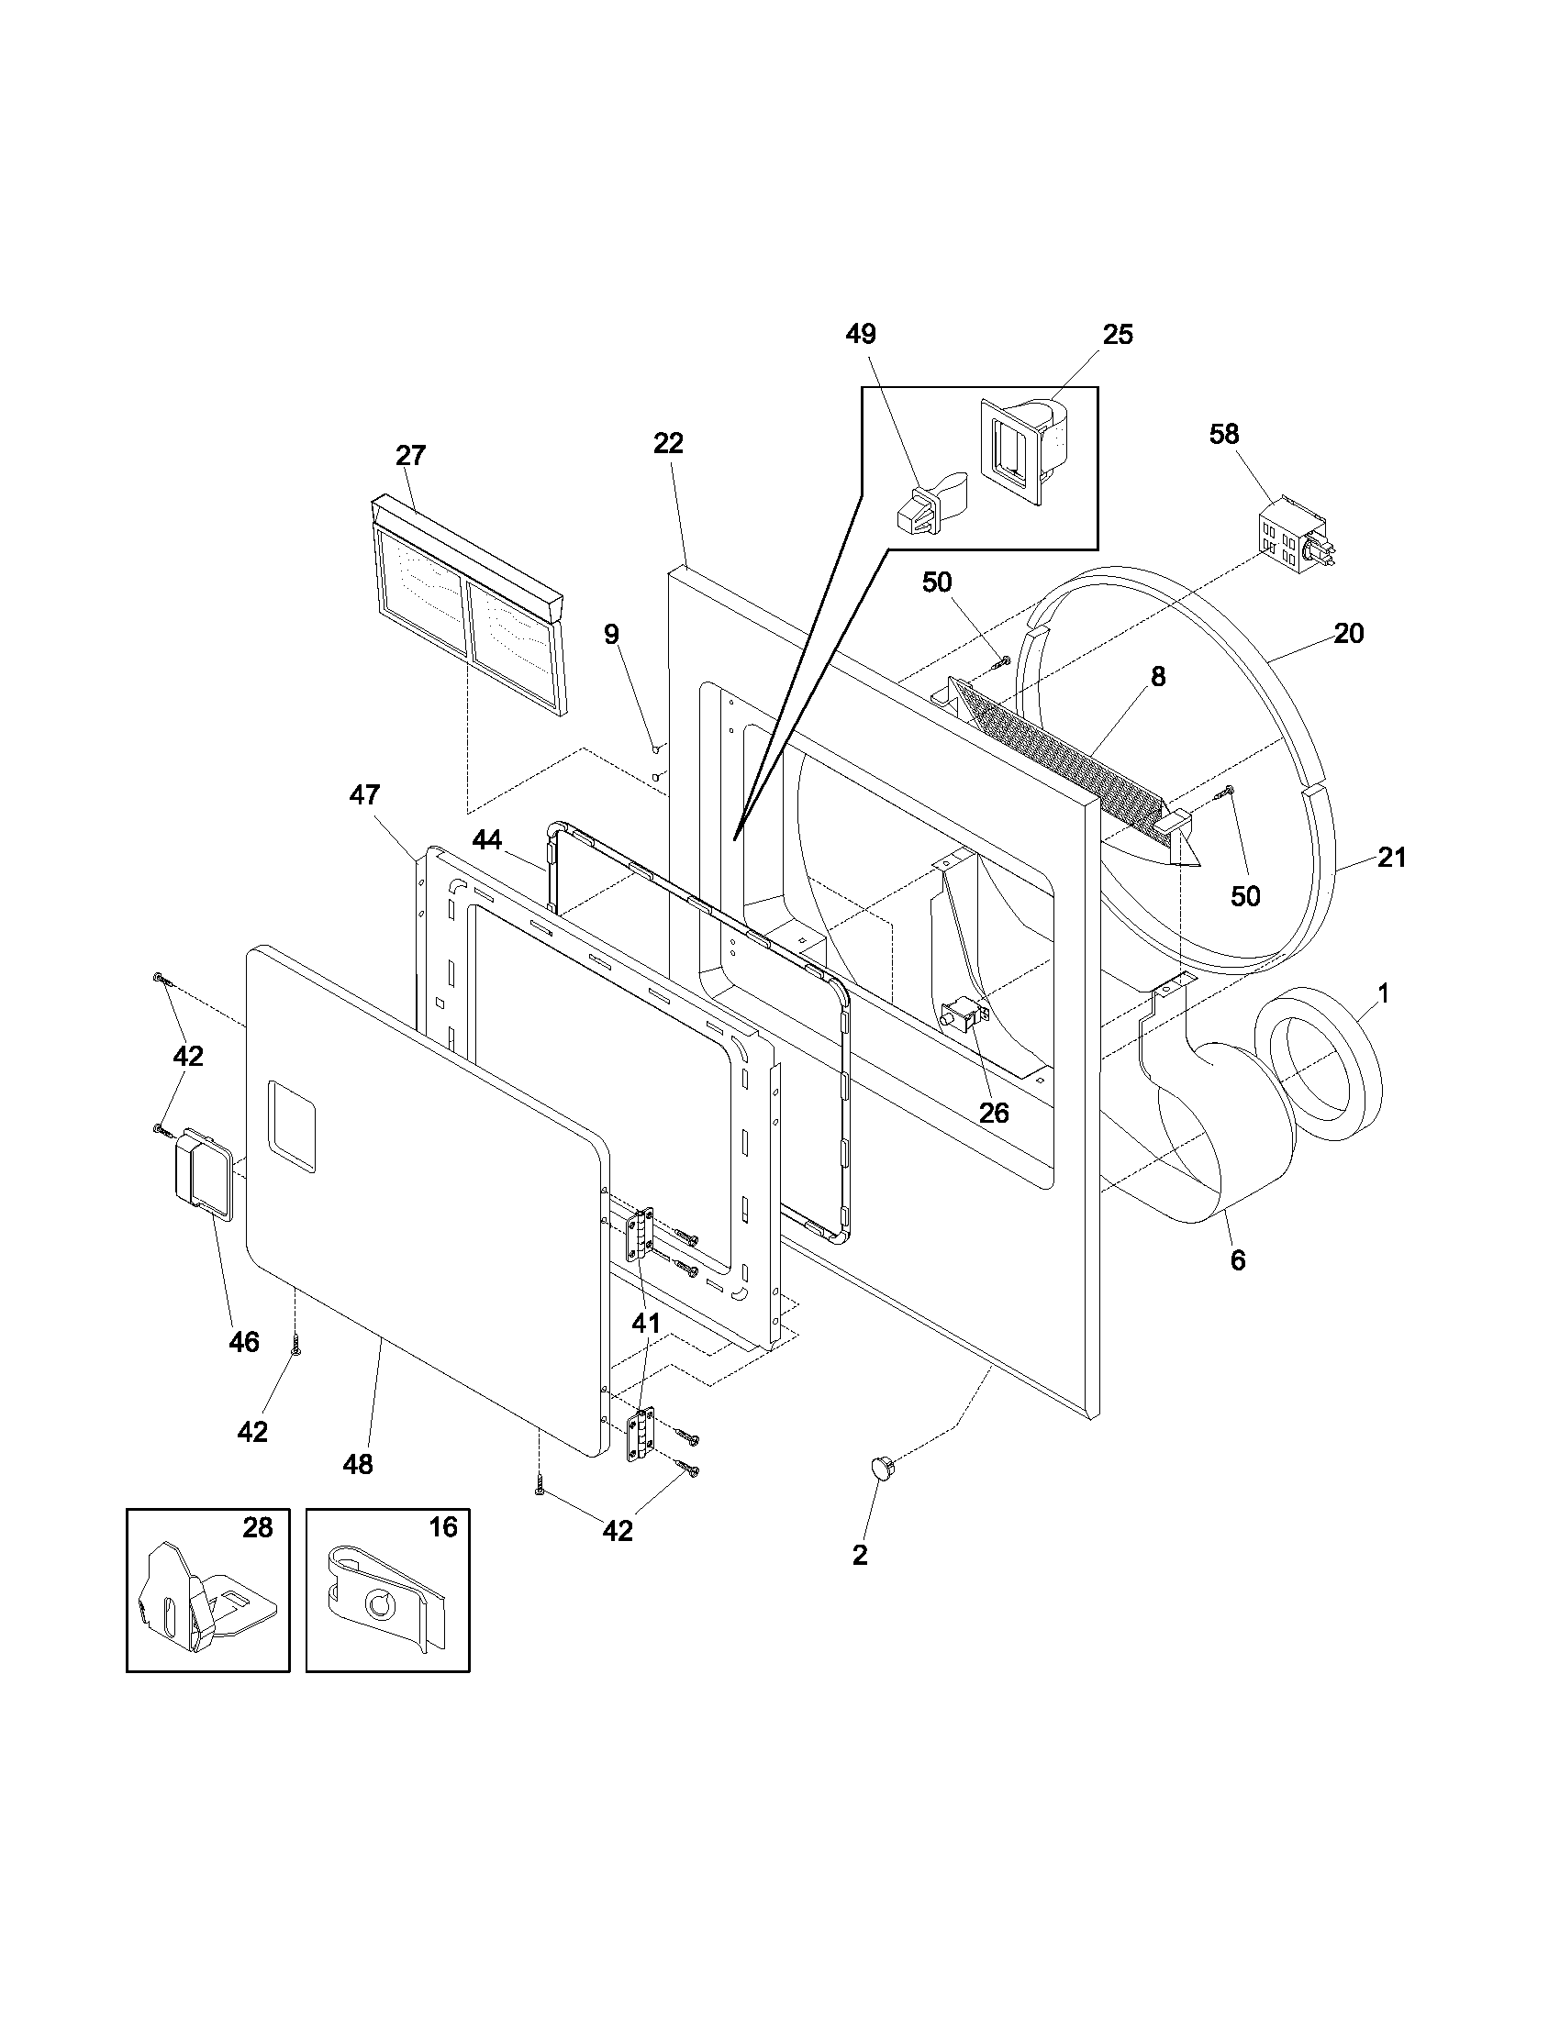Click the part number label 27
[410, 456]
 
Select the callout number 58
[1223, 433]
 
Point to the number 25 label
[1118, 335]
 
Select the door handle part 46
[199, 1168]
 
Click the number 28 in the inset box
[258, 1528]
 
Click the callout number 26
[994, 1113]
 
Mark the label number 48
[358, 1464]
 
